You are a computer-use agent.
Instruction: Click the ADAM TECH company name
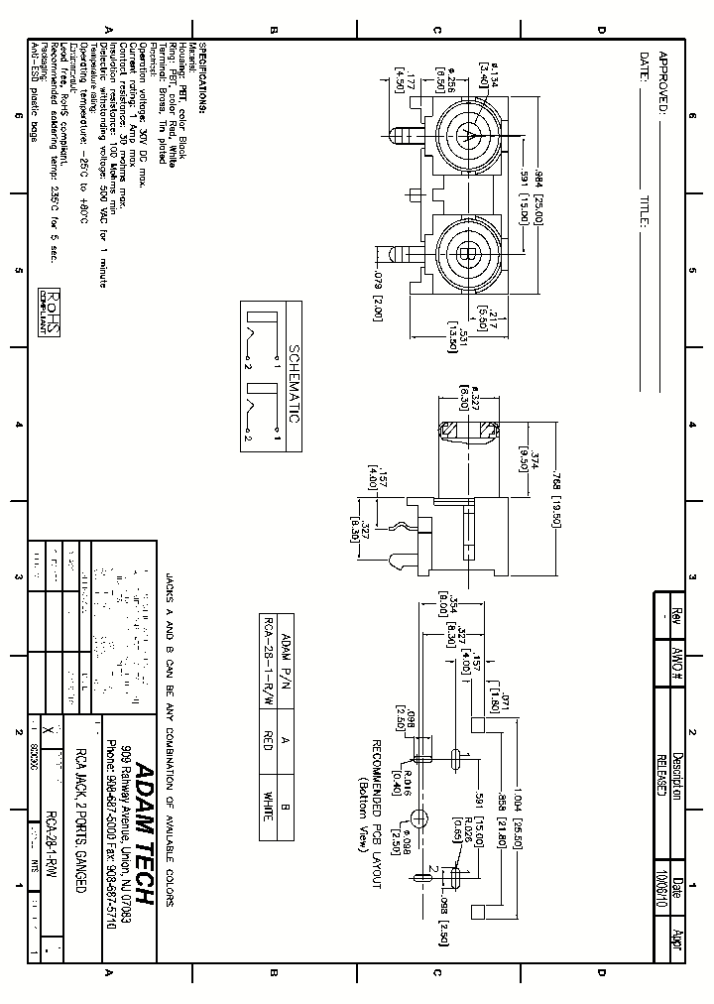pos(142,831)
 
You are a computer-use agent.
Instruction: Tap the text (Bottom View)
pos(364,790)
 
